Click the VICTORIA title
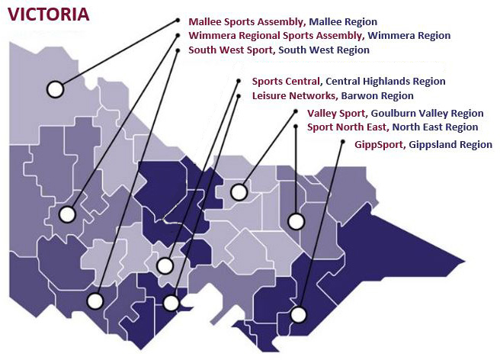(48, 14)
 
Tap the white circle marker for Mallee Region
(54, 89)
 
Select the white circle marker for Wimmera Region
(69, 214)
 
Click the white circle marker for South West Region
(95, 300)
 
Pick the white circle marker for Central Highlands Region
(165, 265)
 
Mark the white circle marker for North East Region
(295, 222)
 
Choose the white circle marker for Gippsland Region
(298, 314)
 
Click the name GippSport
(380, 144)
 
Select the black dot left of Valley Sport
(296, 111)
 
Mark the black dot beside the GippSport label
(340, 143)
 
